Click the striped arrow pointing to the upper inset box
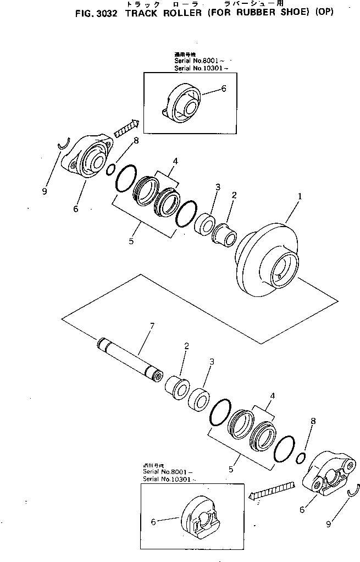coord(125,130)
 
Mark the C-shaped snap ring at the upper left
coord(64,144)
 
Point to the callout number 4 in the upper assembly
coord(175,161)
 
